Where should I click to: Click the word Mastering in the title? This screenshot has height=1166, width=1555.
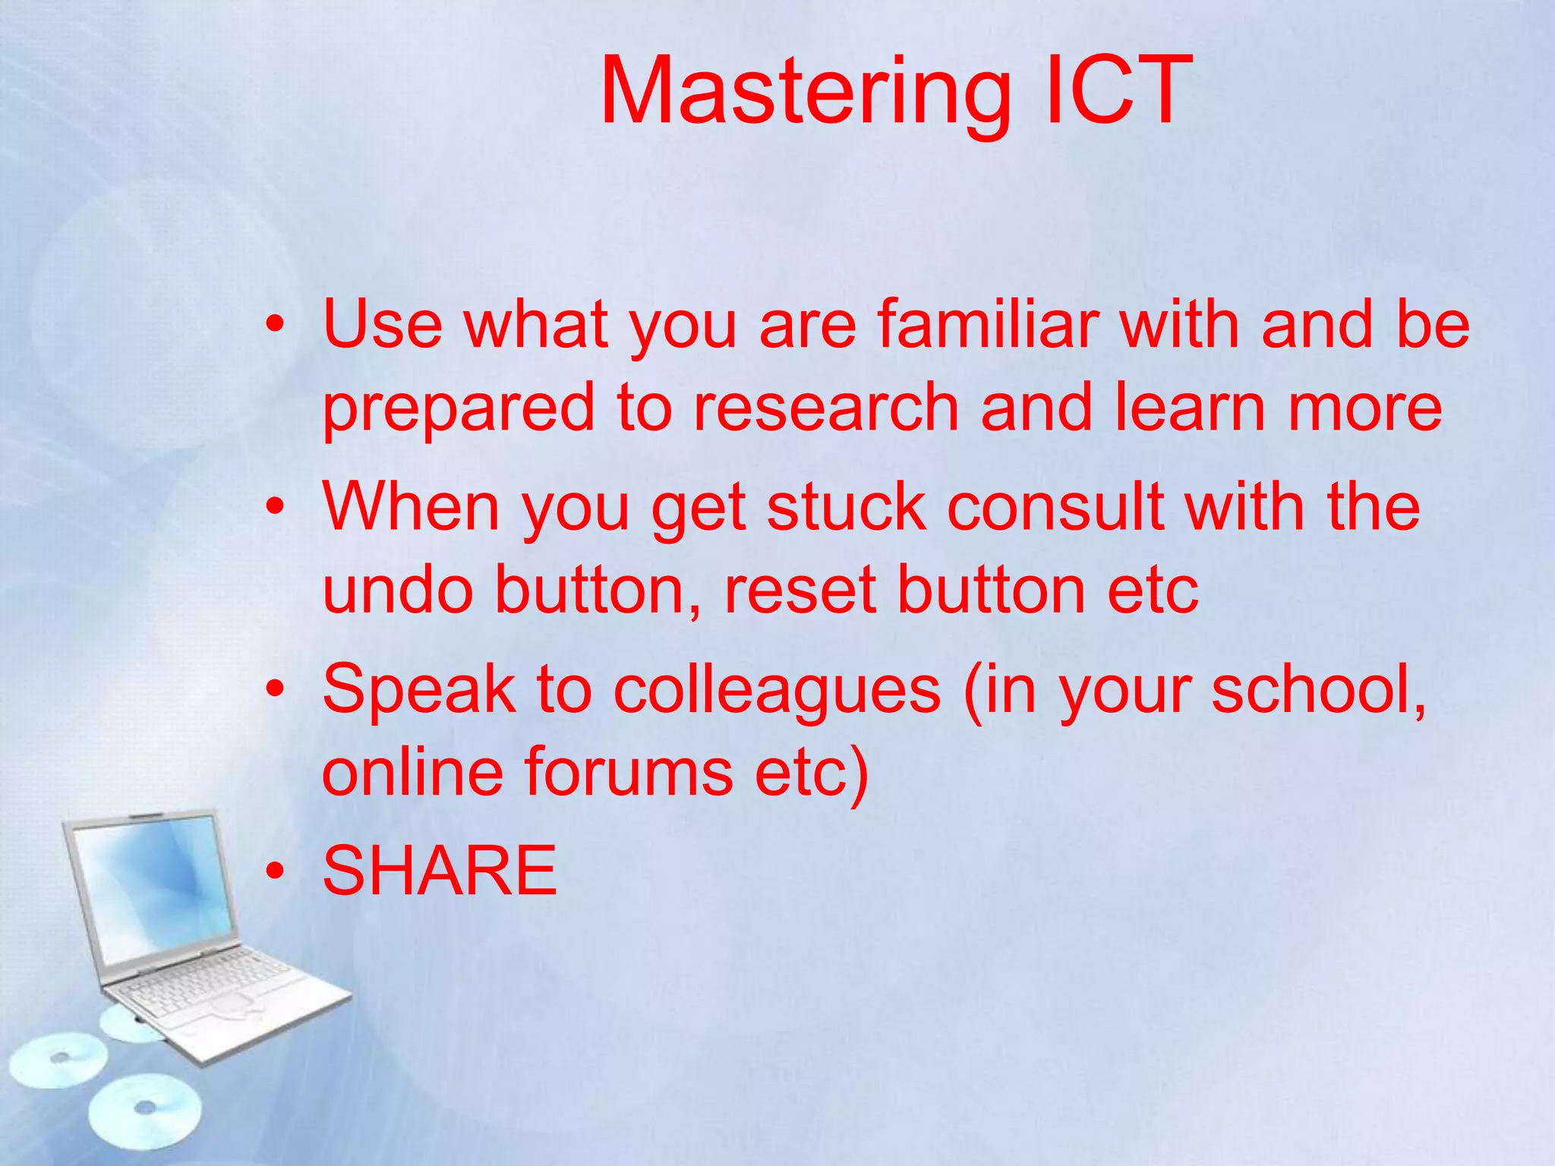pos(805,93)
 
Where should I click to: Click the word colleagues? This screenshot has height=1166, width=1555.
pos(777,689)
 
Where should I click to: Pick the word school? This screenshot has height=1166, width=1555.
pos(1318,689)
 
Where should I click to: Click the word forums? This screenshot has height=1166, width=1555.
pos(629,772)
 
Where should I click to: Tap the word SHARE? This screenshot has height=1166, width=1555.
pos(440,871)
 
